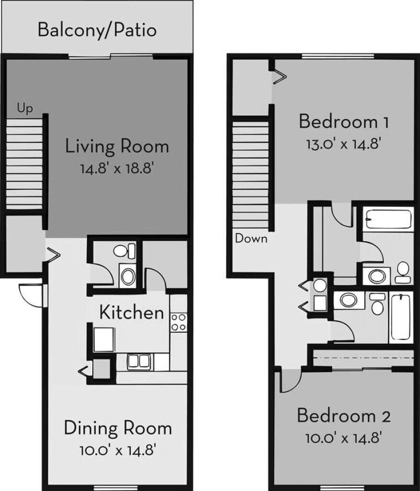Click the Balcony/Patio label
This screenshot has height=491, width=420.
[97, 30]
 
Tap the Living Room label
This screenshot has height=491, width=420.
[117, 146]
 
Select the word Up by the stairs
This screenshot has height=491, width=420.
[25, 109]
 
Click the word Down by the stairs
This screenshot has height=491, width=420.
[251, 238]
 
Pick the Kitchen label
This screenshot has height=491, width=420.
[131, 313]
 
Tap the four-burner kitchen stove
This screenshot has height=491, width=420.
[178, 322]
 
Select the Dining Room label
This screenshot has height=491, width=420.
[117, 428]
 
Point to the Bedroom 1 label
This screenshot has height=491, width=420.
[343, 122]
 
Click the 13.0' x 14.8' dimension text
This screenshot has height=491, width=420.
[343, 144]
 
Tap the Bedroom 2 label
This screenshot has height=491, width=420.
[343, 416]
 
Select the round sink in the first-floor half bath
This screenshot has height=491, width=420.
[128, 276]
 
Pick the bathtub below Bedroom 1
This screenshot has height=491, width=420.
[388, 220]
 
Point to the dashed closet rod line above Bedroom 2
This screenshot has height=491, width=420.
[363, 358]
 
